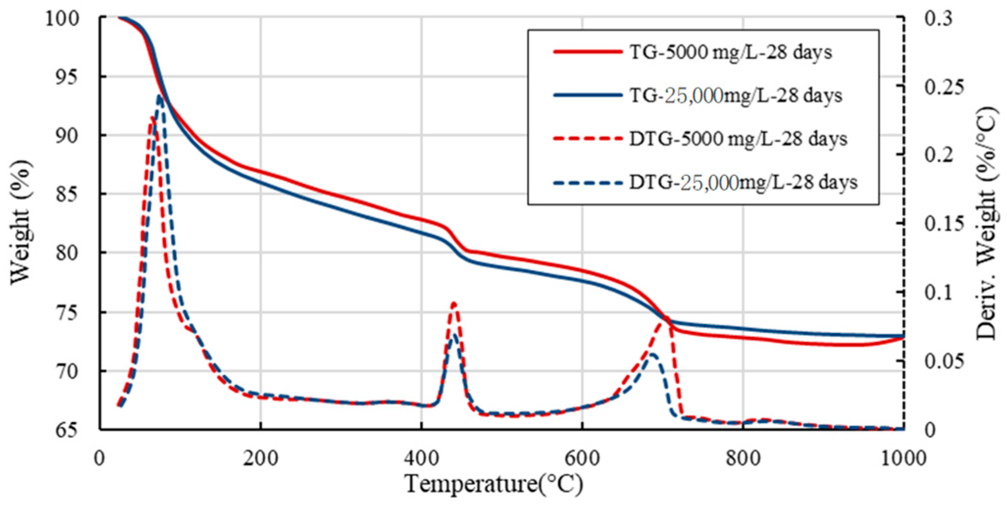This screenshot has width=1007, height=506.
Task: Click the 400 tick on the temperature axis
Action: click(421, 458)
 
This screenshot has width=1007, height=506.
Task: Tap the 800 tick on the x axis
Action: click(743, 458)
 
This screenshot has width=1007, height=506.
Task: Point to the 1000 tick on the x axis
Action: click(903, 458)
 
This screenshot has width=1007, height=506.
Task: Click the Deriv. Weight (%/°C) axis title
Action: click(986, 223)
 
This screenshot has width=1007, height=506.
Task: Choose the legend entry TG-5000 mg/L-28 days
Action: click(730, 52)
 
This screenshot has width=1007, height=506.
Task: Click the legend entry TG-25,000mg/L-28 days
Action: click(735, 95)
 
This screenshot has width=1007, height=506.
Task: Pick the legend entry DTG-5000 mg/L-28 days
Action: click(738, 139)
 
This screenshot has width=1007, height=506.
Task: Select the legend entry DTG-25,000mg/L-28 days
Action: click(743, 182)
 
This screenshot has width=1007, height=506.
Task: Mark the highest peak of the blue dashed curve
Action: click(160, 96)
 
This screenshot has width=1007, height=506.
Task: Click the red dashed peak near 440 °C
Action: click(454, 304)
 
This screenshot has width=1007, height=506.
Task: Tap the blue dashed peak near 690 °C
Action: click(653, 354)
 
